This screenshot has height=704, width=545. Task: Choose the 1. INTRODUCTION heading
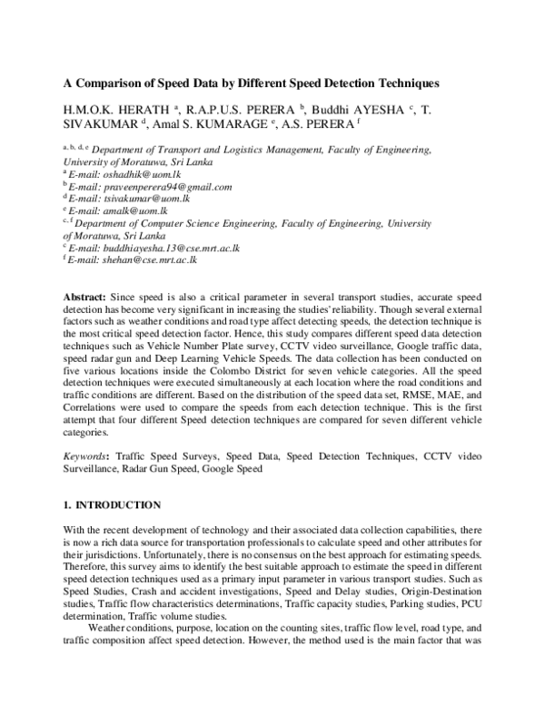click(112, 504)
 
